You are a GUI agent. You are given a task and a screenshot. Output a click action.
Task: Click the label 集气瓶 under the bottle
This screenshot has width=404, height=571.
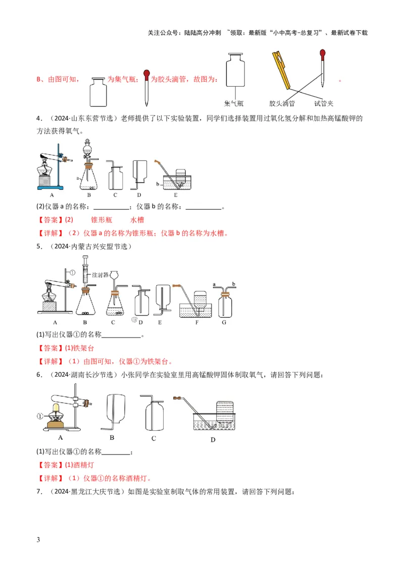pos(233,103)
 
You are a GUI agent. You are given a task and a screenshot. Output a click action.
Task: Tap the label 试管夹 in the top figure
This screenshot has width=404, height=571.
pos(324,103)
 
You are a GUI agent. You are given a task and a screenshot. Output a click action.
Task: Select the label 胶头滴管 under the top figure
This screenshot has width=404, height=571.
pos(281,103)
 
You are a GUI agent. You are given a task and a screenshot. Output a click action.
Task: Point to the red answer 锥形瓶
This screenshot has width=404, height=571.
pos(100,220)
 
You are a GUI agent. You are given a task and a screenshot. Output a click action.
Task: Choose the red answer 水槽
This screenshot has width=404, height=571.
pos(137,220)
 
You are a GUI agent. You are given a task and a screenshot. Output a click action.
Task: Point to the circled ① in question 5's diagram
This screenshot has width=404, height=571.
pos(72,272)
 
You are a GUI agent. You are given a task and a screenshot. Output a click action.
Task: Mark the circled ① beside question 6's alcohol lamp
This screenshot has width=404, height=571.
pos(40,417)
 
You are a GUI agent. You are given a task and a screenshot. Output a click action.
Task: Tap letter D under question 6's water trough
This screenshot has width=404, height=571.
pos(213,440)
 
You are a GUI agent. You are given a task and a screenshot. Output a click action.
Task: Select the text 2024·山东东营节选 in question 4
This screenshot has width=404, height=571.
pos(84,119)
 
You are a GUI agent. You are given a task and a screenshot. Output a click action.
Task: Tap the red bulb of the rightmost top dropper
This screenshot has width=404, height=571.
pos(322,52)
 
